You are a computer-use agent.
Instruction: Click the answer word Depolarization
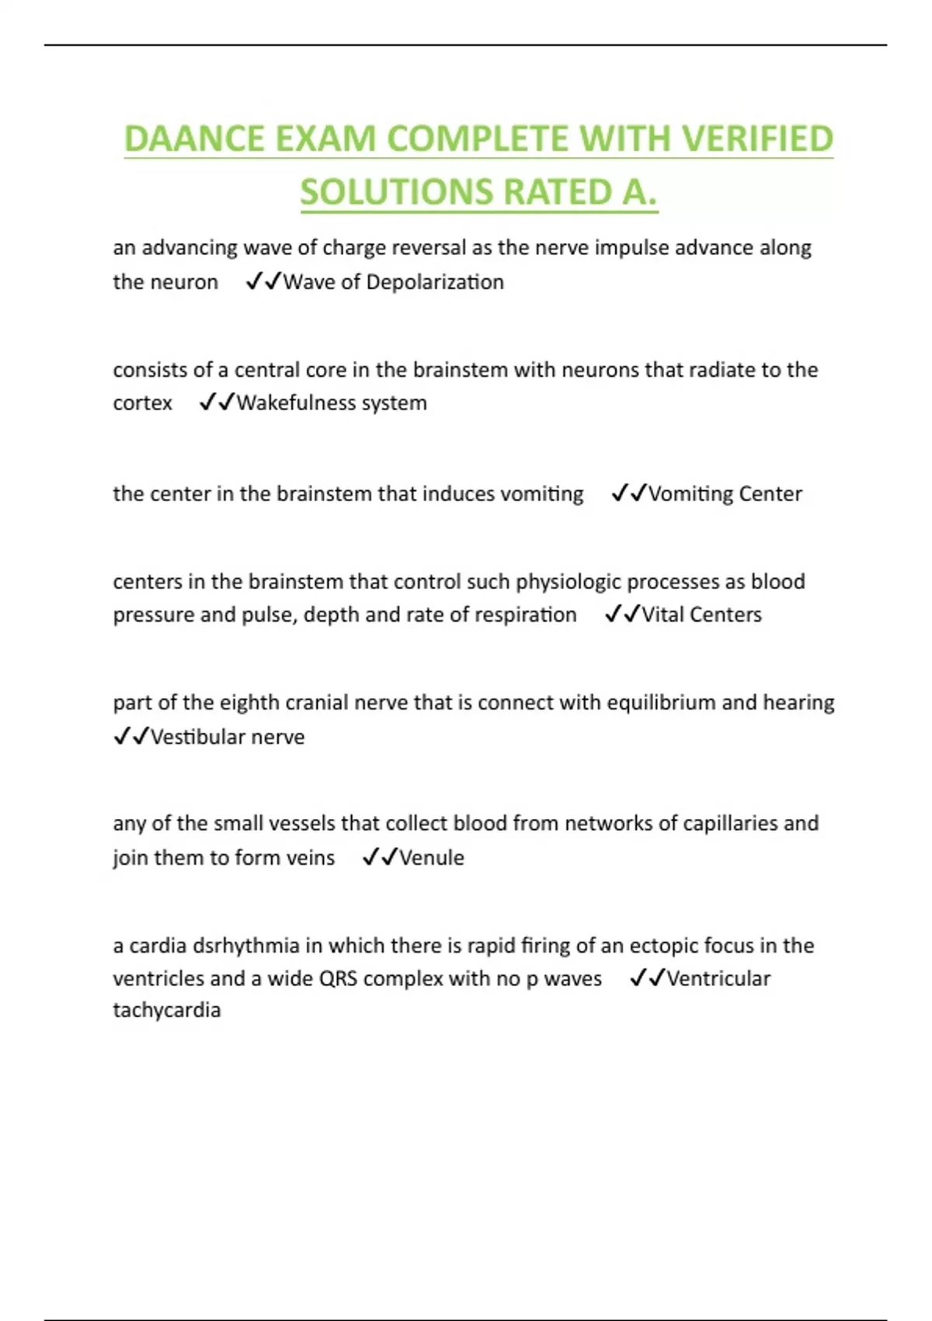(434, 282)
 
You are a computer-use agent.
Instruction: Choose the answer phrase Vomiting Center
(725, 494)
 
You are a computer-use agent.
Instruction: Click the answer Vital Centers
(701, 615)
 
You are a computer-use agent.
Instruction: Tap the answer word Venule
(431, 858)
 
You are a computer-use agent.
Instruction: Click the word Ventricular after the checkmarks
(718, 978)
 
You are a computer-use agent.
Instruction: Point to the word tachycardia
(167, 1010)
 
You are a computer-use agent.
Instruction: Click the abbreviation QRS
(338, 978)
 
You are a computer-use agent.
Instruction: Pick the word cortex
(142, 403)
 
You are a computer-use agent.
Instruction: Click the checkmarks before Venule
(380, 857)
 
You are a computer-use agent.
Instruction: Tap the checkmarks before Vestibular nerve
(130, 736)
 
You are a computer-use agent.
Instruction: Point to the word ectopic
(663, 946)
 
